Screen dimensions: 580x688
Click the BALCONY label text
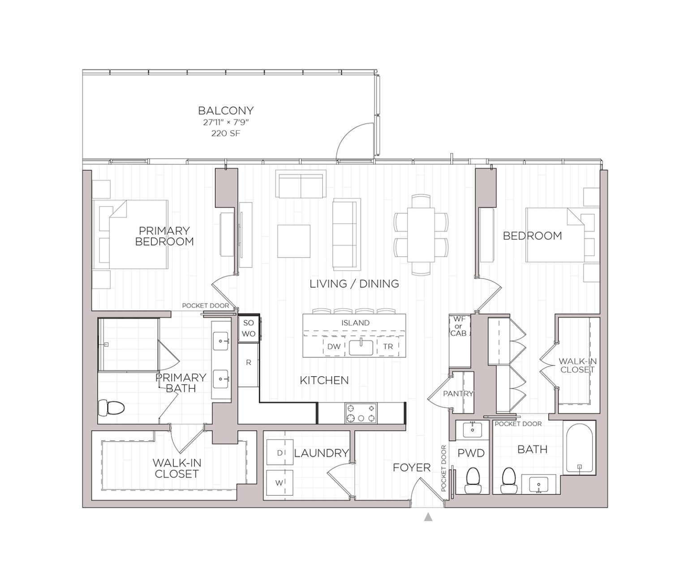point(226,110)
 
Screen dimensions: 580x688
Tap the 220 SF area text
point(226,133)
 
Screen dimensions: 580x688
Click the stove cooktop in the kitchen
point(361,413)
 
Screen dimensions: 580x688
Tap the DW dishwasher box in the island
point(334,346)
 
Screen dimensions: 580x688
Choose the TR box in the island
point(388,346)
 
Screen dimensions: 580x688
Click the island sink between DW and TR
point(361,347)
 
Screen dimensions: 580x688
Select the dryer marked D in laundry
point(279,453)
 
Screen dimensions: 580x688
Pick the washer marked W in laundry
point(279,483)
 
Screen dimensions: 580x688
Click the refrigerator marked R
point(248,363)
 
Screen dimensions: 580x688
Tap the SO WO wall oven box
point(249,328)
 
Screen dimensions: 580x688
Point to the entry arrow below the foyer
point(428,517)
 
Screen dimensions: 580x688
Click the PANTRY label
point(458,394)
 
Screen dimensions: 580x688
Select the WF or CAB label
point(458,326)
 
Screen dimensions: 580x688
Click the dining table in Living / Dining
point(421,234)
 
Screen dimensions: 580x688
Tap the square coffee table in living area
point(294,241)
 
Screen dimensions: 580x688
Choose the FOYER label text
point(412,468)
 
